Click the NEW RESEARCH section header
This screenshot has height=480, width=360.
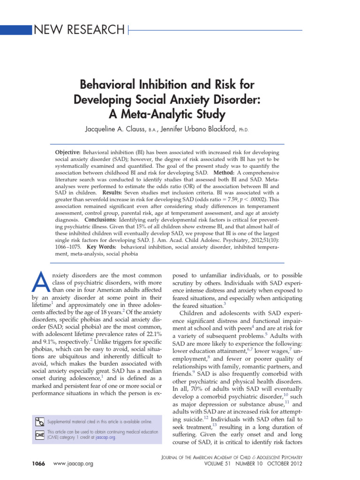click(x=79, y=30)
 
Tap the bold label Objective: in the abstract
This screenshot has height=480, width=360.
click(x=68, y=153)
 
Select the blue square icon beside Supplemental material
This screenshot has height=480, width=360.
click(x=40, y=422)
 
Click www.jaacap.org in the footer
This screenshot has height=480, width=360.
click(x=74, y=463)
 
